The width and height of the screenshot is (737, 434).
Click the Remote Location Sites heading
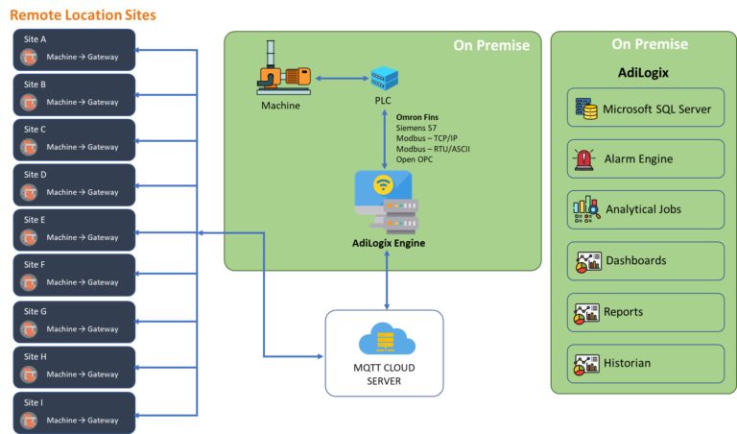pyautogui.click(x=83, y=15)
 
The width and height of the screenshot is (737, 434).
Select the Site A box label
pyautogui.click(x=35, y=39)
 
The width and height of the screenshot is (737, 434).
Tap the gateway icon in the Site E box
pyautogui.click(x=30, y=237)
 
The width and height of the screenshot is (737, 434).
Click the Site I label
pyautogui.click(x=34, y=402)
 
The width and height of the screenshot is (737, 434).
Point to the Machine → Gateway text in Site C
pyautogui.click(x=83, y=147)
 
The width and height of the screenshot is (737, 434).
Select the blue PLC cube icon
pyautogui.click(x=384, y=78)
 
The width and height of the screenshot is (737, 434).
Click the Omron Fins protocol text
pyautogui.click(x=417, y=117)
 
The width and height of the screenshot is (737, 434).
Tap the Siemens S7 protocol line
pyautogui.click(x=419, y=128)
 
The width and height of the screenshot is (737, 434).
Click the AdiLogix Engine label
pyautogui.click(x=389, y=243)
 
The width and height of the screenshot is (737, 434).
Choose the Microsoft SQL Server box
pyautogui.click(x=645, y=108)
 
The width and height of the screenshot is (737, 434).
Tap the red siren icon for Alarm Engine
pyautogui.click(x=583, y=158)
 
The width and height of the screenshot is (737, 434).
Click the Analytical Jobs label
pyautogui.click(x=644, y=209)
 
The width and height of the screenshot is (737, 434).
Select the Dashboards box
pyautogui.click(x=645, y=260)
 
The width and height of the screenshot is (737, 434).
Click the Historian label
pyautogui.click(x=628, y=363)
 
